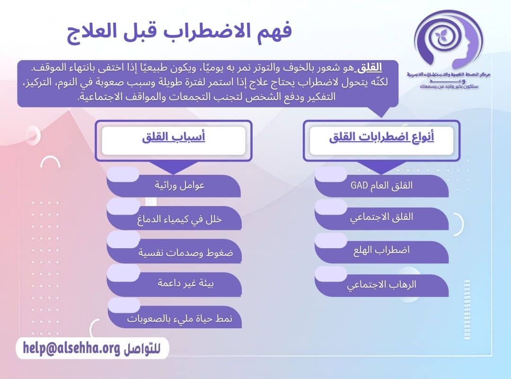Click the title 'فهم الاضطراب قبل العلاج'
[179, 33]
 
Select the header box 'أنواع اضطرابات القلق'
[381, 139]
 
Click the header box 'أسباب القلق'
[174, 139]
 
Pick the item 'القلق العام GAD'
[381, 185]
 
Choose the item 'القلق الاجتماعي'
[381, 217]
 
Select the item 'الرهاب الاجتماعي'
[381, 286]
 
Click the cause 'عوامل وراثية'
[179, 185]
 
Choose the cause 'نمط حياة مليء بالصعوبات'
[180, 318]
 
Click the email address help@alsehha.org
[71, 348]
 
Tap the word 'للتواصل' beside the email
[142, 349]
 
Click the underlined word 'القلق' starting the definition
[370, 67]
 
